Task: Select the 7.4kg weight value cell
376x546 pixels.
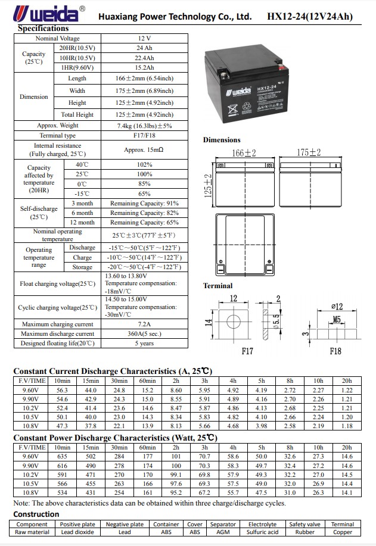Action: click(144, 126)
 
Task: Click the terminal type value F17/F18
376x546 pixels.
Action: click(144, 136)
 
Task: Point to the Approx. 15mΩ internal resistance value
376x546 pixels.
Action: click(144, 149)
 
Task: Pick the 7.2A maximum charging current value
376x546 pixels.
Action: click(144, 325)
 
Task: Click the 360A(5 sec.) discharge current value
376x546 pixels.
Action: click(144, 334)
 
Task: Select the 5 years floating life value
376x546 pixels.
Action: click(144, 344)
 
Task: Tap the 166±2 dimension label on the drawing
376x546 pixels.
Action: click(244, 153)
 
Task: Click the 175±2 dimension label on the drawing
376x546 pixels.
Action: click(309, 153)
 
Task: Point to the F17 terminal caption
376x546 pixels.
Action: click(247, 351)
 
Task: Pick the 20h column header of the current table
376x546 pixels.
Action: click(347, 380)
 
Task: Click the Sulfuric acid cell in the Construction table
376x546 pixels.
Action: click(262, 532)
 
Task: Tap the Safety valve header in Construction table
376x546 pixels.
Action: click(305, 525)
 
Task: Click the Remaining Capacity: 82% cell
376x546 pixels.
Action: click(144, 213)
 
